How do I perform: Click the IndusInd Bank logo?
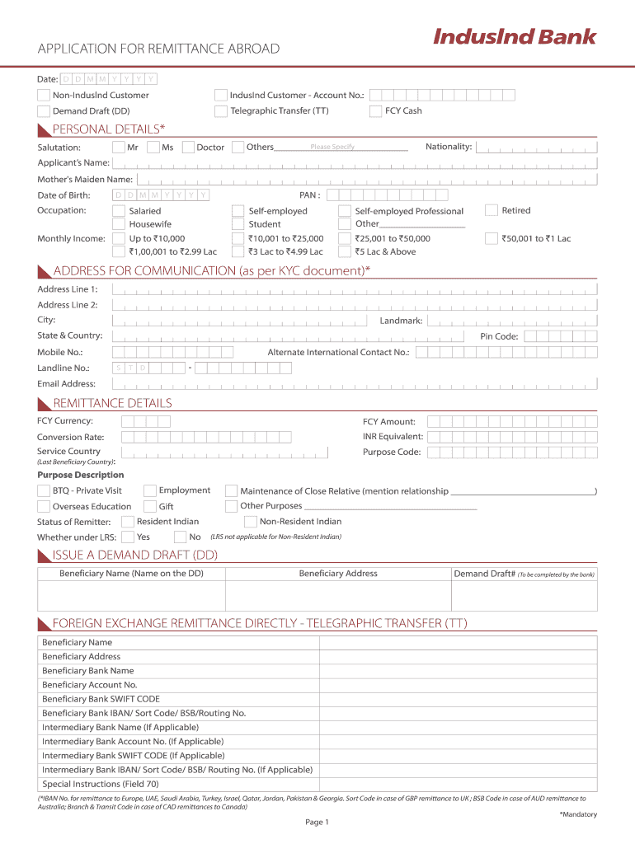coord(514,37)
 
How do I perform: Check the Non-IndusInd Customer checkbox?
coord(44,95)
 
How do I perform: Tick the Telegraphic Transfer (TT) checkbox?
coord(220,110)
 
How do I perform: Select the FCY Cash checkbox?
coord(375,110)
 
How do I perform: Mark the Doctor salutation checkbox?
coord(188,148)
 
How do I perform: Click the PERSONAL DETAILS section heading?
coord(109,129)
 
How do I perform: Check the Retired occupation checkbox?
coord(492,211)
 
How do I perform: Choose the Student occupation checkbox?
coord(238,224)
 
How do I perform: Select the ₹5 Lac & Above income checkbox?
coord(345,251)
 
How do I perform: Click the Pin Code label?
coord(499,336)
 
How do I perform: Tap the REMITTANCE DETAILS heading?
coord(112,403)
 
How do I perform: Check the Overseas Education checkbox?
coord(44,506)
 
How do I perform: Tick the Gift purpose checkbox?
coord(151,506)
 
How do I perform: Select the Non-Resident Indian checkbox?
coord(251,522)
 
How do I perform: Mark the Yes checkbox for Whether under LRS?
coord(127,537)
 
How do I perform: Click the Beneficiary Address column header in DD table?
coord(338,574)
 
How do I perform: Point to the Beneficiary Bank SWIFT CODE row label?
coord(101,699)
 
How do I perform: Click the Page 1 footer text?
coord(317,822)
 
